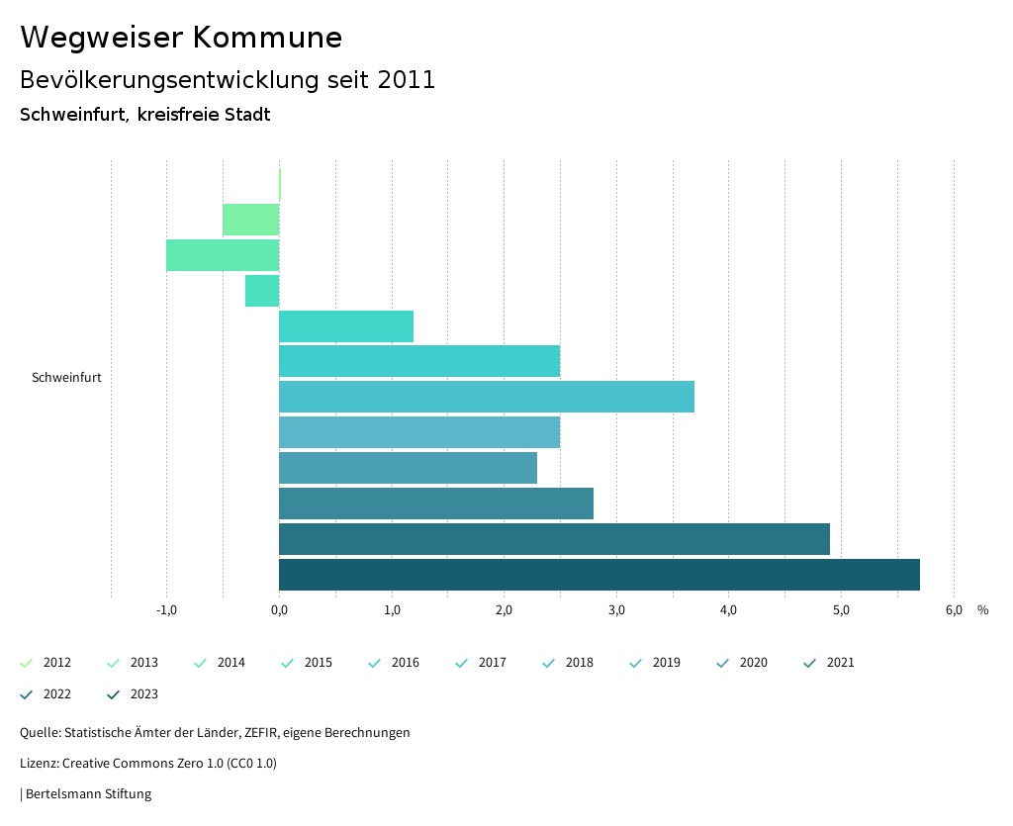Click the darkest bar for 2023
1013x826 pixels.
tap(599, 575)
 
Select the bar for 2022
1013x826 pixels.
tap(554, 539)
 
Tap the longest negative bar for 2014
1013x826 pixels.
tap(223, 255)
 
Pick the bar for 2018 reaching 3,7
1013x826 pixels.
tap(487, 397)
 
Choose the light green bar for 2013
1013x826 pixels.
tap(251, 220)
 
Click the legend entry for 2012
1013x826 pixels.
tap(46, 663)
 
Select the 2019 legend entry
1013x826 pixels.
tap(656, 663)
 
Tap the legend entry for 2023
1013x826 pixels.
tap(134, 694)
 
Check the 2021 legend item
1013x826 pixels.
tap(830, 663)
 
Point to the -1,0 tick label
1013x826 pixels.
tap(166, 610)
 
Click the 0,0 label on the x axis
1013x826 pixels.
tap(279, 610)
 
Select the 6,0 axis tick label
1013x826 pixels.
tap(954, 610)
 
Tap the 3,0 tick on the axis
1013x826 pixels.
tap(616, 610)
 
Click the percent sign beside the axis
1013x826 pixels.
tap(982, 610)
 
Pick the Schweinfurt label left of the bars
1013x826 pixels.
tap(66, 378)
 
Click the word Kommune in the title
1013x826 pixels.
tap(267, 38)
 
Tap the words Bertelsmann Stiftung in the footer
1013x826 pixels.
tap(88, 794)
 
